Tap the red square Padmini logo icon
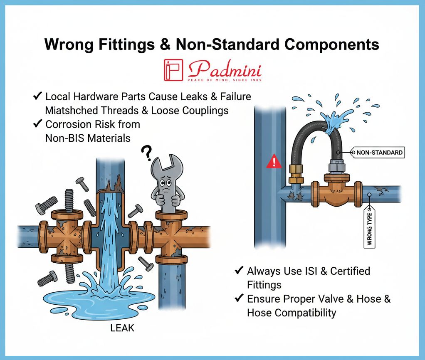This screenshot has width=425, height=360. pyautogui.click(x=173, y=70)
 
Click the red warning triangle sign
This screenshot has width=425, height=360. pyautogui.click(x=272, y=160)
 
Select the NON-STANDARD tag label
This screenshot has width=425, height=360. pyautogui.click(x=379, y=153)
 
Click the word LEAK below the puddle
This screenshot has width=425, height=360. pyautogui.click(x=122, y=328)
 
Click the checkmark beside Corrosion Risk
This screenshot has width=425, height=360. pyautogui.click(x=37, y=124)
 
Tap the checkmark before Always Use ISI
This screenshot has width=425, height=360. pyautogui.click(x=239, y=271)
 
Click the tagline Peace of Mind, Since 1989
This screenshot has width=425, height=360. pyautogui.click(x=225, y=80)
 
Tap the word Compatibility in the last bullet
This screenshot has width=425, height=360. pyautogui.click(x=291, y=313)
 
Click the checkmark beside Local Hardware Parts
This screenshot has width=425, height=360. pyautogui.click(x=37, y=96)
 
